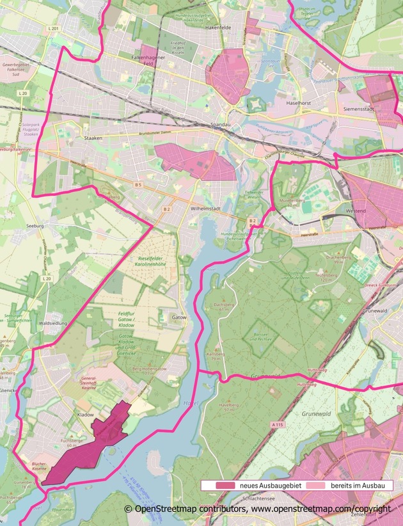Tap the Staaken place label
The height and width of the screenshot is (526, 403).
click(x=94, y=138)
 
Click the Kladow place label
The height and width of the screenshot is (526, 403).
click(x=85, y=415)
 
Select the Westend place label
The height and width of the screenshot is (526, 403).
click(x=356, y=210)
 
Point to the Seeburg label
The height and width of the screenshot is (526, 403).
click(x=35, y=227)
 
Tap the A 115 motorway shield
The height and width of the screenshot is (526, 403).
click(x=277, y=424)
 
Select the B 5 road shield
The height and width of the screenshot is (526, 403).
click(x=138, y=185)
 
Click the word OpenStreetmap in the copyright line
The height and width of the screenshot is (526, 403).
click(x=164, y=509)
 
